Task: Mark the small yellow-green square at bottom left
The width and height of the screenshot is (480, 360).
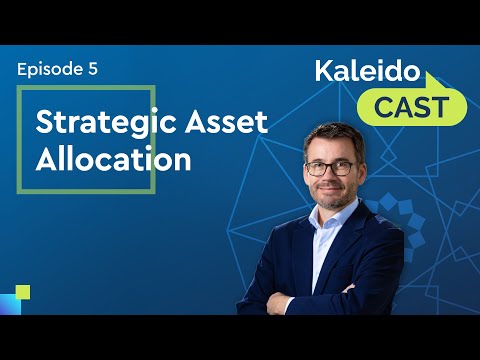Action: [x=23, y=292]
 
